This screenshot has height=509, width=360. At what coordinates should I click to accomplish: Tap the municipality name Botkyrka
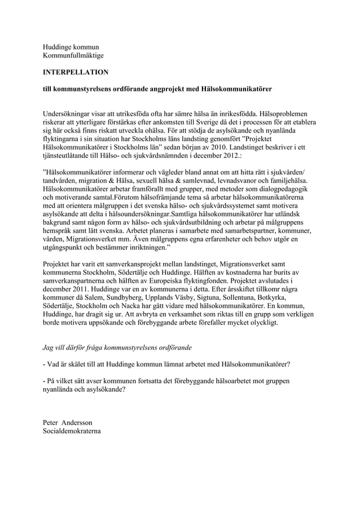tap(270, 299)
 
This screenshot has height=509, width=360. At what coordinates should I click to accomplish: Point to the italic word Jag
tap(50, 346)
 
